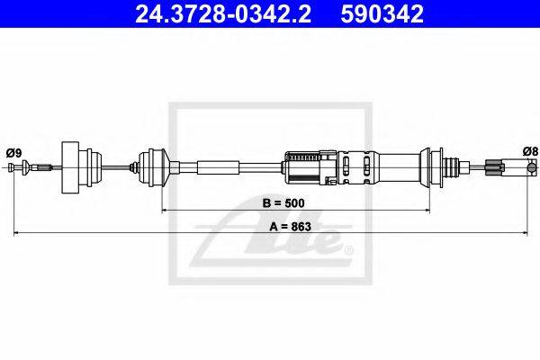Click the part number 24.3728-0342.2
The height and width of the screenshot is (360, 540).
(x=223, y=13)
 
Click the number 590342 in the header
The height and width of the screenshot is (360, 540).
(x=382, y=13)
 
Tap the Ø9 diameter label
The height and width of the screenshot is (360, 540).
(x=13, y=152)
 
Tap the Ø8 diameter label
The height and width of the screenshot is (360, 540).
(x=530, y=151)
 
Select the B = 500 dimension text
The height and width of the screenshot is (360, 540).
(x=283, y=203)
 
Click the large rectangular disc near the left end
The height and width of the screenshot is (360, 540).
(x=70, y=167)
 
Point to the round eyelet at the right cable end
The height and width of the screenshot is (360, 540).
(x=533, y=167)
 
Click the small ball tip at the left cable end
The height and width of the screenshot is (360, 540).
(x=12, y=167)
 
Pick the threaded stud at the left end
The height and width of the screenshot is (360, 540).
(x=44, y=167)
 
